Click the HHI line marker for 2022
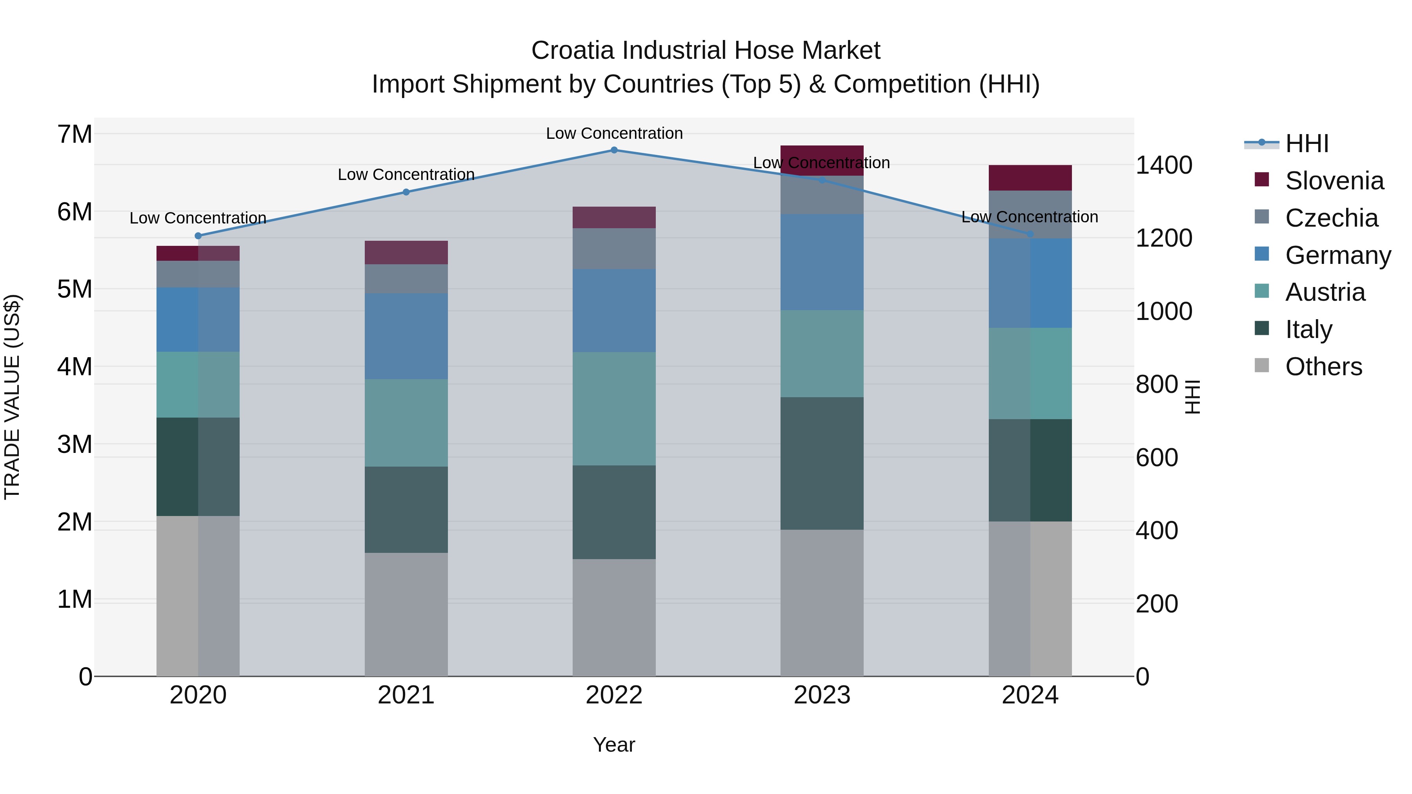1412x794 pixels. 614,150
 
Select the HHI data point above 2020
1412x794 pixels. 198,236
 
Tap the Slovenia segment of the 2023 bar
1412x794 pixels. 822,160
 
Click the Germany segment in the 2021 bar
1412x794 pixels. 406,336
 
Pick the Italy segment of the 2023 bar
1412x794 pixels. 822,463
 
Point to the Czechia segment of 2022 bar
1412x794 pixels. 614,248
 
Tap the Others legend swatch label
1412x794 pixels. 1323,367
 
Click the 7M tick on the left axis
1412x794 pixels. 75,134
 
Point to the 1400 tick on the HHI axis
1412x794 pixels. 1164,165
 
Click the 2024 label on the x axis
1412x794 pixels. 1030,695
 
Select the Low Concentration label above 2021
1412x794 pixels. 406,174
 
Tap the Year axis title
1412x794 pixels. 614,745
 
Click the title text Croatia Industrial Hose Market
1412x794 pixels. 706,51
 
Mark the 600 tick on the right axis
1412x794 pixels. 1157,458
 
